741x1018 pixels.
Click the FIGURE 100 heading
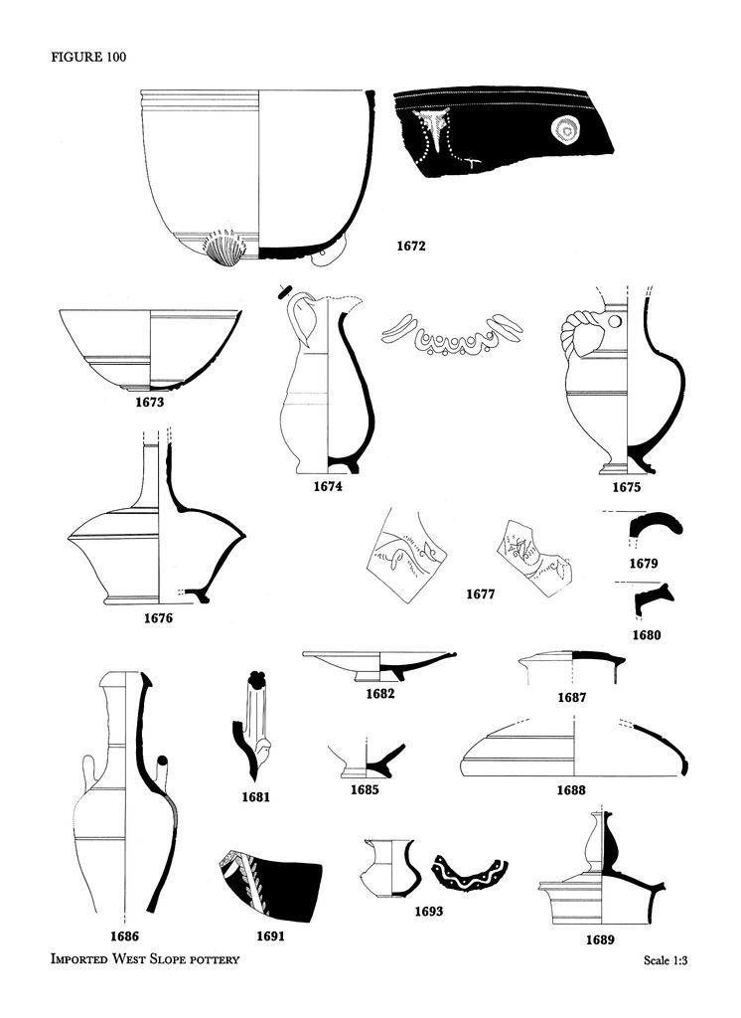coord(88,57)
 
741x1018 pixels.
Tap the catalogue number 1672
coord(411,247)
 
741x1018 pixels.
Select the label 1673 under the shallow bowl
coord(149,402)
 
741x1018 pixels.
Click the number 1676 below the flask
coord(158,617)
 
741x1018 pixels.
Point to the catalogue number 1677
coord(480,594)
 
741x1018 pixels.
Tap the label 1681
coord(255,796)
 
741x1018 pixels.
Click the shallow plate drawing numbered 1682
coord(378,665)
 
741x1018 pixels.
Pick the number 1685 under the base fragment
coord(365,789)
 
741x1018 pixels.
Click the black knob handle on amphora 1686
coord(162,761)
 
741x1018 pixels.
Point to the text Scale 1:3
coord(666,959)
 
